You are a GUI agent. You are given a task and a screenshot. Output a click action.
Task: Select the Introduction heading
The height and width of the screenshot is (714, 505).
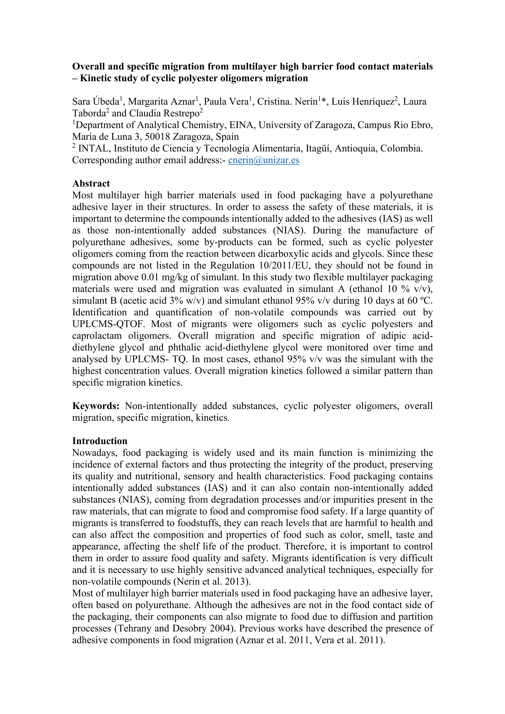[100, 441]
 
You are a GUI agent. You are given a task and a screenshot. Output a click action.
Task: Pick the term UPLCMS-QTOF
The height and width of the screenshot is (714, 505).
[109, 324]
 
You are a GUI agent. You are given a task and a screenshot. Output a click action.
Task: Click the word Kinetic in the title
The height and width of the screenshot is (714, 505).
[98, 78]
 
